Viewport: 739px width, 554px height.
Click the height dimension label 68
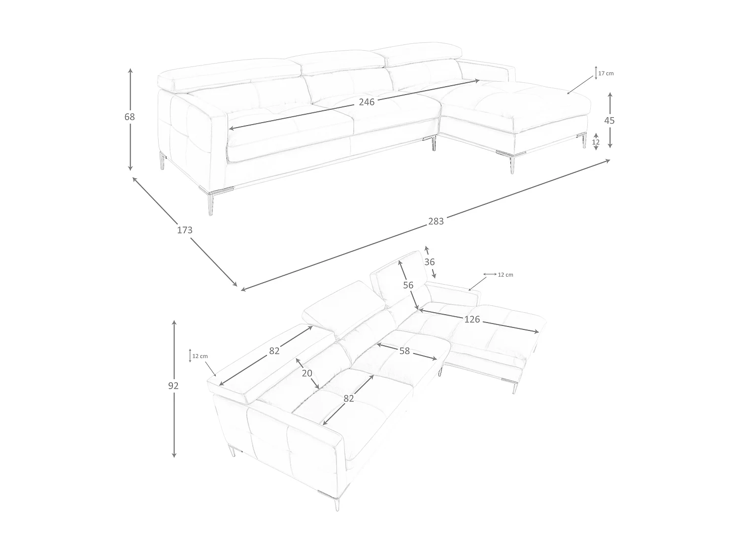pos(130,117)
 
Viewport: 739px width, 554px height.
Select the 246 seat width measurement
pos(367,102)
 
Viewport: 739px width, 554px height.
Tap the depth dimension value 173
pos(185,230)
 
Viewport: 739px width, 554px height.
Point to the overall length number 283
pos(436,221)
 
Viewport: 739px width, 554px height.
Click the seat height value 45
pos(609,121)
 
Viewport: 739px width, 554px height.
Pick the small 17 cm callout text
pos(606,73)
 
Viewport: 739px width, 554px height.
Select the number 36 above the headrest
pos(430,262)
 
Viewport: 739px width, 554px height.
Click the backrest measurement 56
pos(408,285)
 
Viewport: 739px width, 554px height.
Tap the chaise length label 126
pos(472,320)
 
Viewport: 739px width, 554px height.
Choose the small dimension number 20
pos(307,373)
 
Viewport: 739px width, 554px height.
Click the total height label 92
pos(173,386)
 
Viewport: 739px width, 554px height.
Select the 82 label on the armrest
pos(274,351)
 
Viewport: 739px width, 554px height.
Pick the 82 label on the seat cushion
pos(349,398)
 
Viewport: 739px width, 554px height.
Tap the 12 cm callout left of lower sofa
pos(200,356)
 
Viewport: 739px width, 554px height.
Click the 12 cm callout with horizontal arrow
pos(505,275)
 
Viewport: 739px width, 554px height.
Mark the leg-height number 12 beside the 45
pos(596,142)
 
